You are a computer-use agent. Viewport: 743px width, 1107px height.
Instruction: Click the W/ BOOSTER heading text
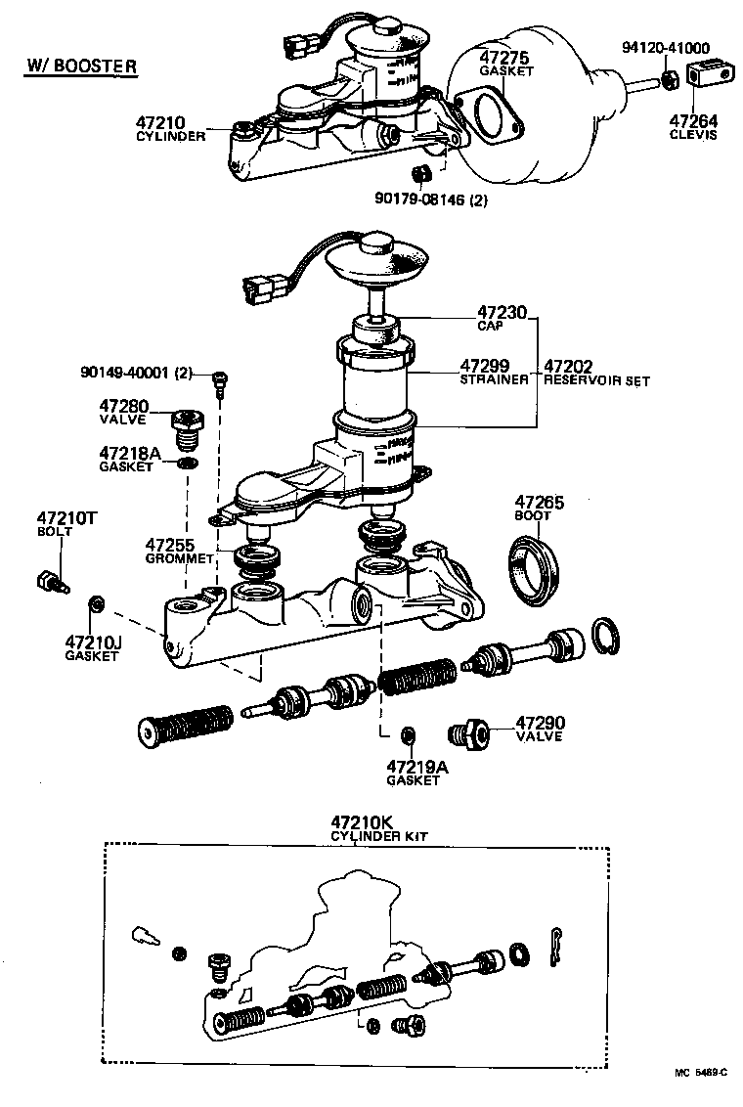(x=80, y=67)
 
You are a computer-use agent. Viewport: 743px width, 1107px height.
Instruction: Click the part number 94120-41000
(x=666, y=47)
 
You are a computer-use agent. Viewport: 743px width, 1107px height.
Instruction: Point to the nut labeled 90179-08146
(x=422, y=175)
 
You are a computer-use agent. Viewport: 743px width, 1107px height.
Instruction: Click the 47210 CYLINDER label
(x=169, y=128)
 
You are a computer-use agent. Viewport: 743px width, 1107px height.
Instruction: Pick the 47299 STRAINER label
(x=494, y=372)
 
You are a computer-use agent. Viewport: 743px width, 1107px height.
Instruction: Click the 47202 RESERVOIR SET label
(x=595, y=373)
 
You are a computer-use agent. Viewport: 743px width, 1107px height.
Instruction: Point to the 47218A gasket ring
(x=186, y=463)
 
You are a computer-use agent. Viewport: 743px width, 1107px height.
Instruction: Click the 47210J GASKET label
(x=91, y=648)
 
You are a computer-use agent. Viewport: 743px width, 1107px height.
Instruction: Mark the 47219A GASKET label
(x=416, y=773)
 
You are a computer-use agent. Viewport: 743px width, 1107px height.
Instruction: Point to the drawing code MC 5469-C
(x=701, y=1072)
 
